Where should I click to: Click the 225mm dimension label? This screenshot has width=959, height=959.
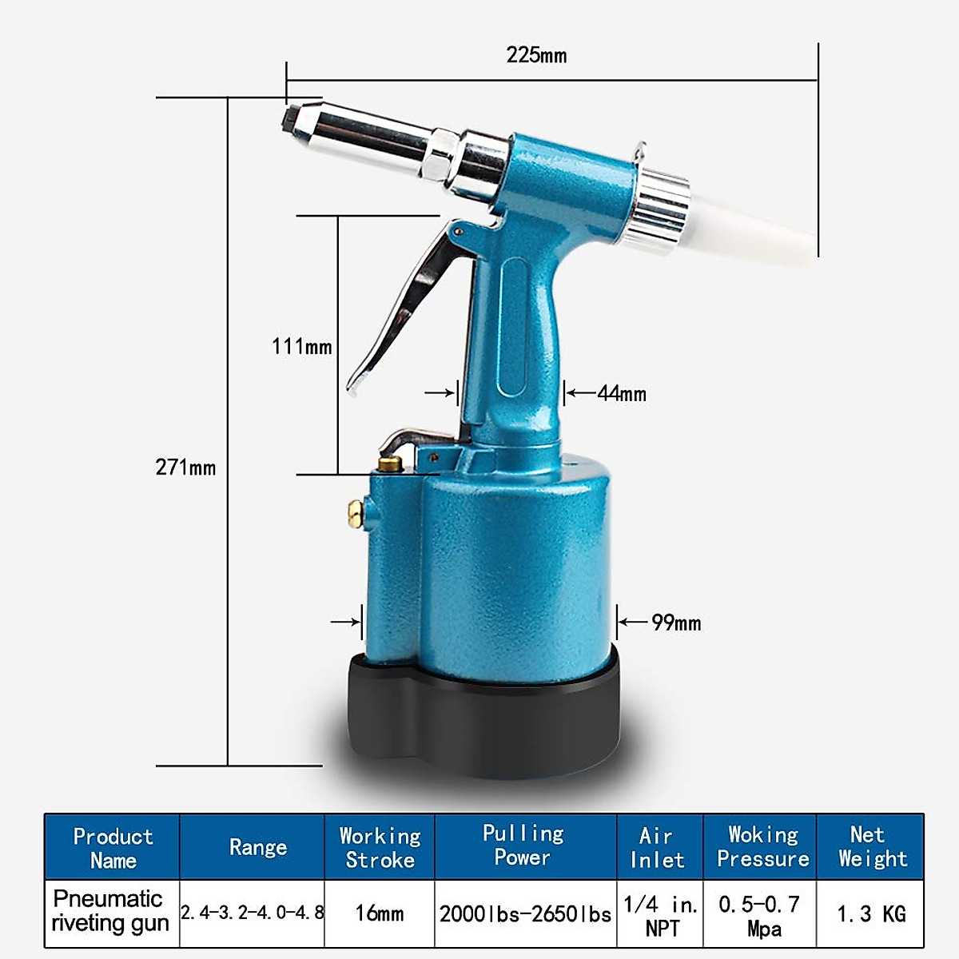click(x=536, y=55)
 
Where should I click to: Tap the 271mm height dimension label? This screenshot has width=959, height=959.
click(x=185, y=468)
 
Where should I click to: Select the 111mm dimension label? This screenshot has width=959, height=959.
click(x=301, y=347)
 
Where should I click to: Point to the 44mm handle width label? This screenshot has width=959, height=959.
click(x=622, y=393)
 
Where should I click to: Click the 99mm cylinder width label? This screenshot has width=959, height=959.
click(x=676, y=623)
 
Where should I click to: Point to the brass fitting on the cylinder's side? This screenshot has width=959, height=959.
click(x=355, y=512)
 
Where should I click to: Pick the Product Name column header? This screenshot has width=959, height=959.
click(x=113, y=848)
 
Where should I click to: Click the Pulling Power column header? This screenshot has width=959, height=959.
click(x=523, y=846)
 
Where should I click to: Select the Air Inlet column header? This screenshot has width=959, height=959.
click(x=658, y=848)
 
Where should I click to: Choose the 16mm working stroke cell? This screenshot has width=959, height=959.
click(x=380, y=913)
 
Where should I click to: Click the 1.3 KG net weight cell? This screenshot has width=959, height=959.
click(x=870, y=913)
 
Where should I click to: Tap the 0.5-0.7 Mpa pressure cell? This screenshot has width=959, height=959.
click(x=759, y=915)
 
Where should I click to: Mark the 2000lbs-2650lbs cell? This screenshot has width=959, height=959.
click(x=525, y=913)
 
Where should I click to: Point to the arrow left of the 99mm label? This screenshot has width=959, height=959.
click(x=631, y=622)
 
